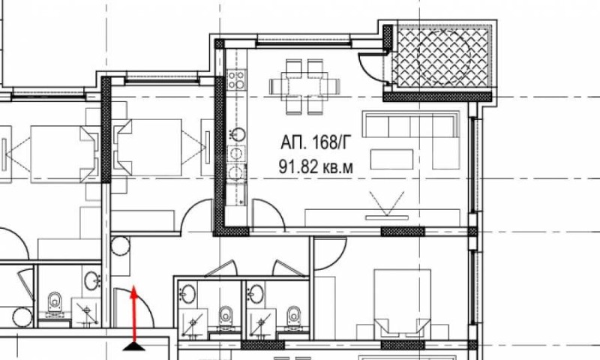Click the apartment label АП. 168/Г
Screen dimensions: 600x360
tap(315, 142)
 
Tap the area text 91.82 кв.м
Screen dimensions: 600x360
tap(316, 167)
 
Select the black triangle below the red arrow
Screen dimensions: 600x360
tap(134, 346)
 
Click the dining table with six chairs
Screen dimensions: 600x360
tap(304, 86)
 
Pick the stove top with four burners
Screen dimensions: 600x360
tap(235, 79)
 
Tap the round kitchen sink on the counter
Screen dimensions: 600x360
tap(238, 135)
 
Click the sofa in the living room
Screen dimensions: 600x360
tap(411, 124)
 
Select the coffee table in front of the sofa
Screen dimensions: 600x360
tap(391, 159)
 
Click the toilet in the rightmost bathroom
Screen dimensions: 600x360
tap(293, 316)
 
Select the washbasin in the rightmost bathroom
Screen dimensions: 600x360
tap(256, 294)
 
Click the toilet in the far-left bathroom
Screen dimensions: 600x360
tap(55, 302)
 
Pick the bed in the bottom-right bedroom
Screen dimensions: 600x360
tap(402, 302)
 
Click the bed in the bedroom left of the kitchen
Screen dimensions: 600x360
tap(149, 147)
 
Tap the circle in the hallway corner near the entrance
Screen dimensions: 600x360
tap(121, 245)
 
